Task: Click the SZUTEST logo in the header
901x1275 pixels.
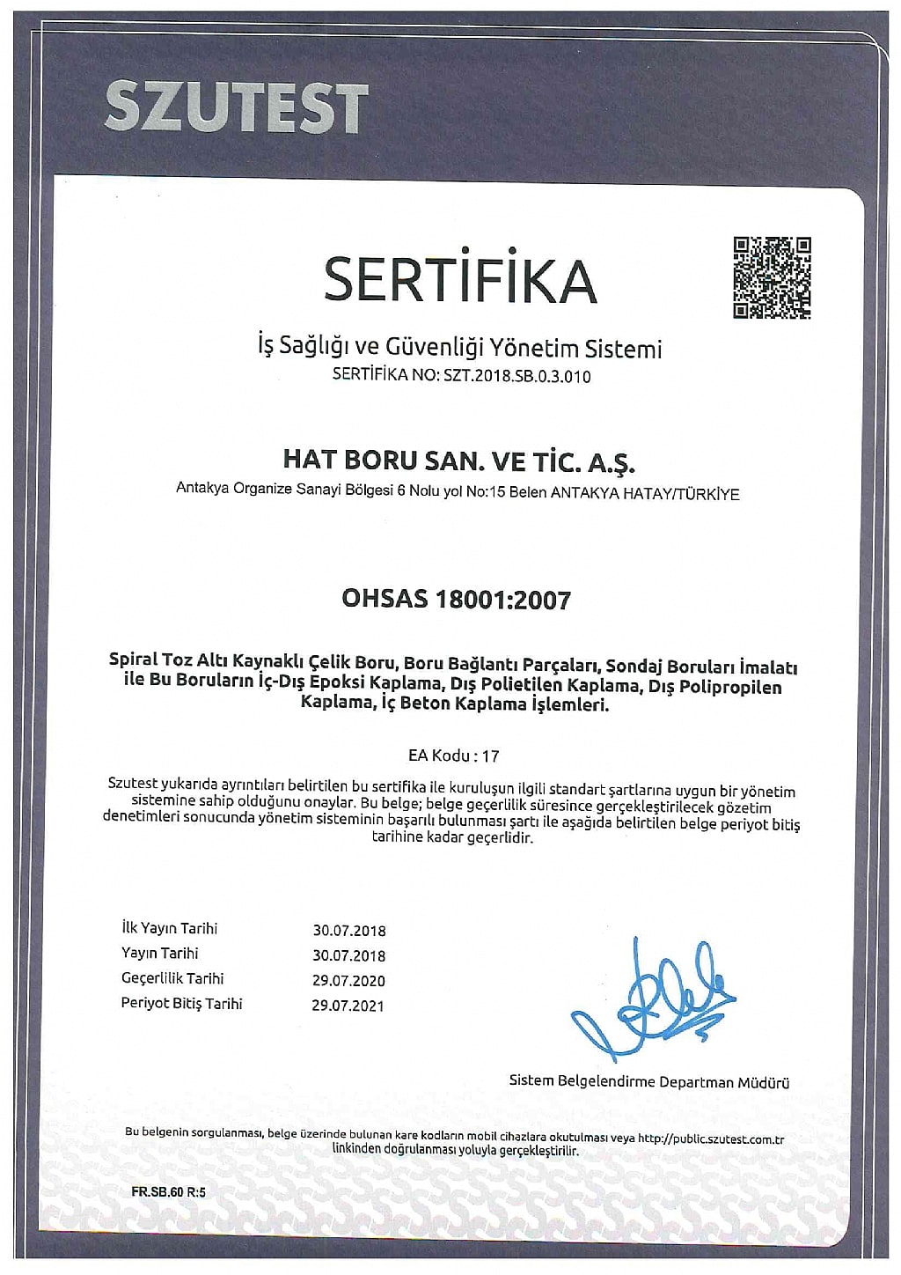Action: [235, 108]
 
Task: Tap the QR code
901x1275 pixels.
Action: [772, 277]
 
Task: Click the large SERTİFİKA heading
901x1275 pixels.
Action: [459, 279]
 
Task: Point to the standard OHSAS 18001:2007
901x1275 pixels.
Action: [456, 601]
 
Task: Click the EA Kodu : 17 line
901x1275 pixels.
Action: [454, 755]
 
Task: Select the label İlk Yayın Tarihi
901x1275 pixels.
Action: [169, 928]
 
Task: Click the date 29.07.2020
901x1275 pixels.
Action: [348, 980]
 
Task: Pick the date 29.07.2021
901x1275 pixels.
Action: [348, 1006]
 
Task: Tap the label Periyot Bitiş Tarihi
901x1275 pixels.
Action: [181, 1004]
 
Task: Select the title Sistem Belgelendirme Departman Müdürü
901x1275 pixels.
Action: [649, 1081]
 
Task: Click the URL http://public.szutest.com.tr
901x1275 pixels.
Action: [710, 1139]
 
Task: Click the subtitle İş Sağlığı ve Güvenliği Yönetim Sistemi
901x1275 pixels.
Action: [458, 349]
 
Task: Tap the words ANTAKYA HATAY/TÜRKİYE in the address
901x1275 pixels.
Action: [645, 494]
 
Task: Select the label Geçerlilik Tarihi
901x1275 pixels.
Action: [172, 978]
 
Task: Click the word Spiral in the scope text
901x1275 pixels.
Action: [128, 660]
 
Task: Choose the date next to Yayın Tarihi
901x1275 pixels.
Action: [348, 955]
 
